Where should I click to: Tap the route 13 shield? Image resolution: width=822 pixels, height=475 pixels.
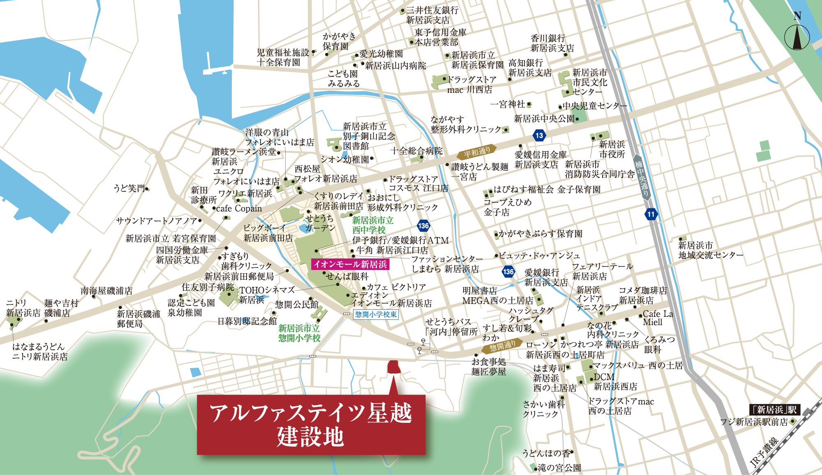pyautogui.click(x=539, y=135)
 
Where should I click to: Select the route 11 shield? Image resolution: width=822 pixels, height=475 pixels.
pyautogui.click(x=651, y=214)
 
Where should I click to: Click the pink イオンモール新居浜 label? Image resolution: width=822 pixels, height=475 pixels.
pyautogui.click(x=350, y=264)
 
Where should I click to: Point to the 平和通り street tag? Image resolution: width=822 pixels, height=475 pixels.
pyautogui.click(x=477, y=152)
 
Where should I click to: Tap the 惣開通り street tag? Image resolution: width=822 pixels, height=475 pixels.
pyautogui.click(x=502, y=346)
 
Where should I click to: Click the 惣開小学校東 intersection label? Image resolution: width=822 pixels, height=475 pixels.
pyautogui.click(x=376, y=314)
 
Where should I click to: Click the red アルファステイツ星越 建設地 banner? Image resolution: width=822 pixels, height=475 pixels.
pyautogui.click(x=311, y=424)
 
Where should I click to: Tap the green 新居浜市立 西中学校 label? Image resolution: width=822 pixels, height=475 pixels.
pyautogui.click(x=372, y=225)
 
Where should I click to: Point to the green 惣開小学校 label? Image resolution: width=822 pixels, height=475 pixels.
pyautogui.click(x=299, y=333)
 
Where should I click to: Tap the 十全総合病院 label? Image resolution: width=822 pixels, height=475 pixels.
pyautogui.click(x=416, y=151)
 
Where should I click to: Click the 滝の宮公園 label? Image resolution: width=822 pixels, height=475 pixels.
pyautogui.click(x=559, y=468)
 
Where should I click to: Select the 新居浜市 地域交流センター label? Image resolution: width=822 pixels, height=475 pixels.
pyautogui.click(x=710, y=250)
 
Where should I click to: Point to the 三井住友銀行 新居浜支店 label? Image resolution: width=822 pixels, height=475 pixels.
pyautogui.click(x=432, y=15)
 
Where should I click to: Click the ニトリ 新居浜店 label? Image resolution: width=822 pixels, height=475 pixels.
pyautogui.click(x=23, y=308)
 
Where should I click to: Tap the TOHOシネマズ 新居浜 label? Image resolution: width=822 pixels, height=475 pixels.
pyautogui.click(x=266, y=295)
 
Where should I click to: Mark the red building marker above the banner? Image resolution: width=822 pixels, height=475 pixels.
pyautogui.click(x=394, y=367)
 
